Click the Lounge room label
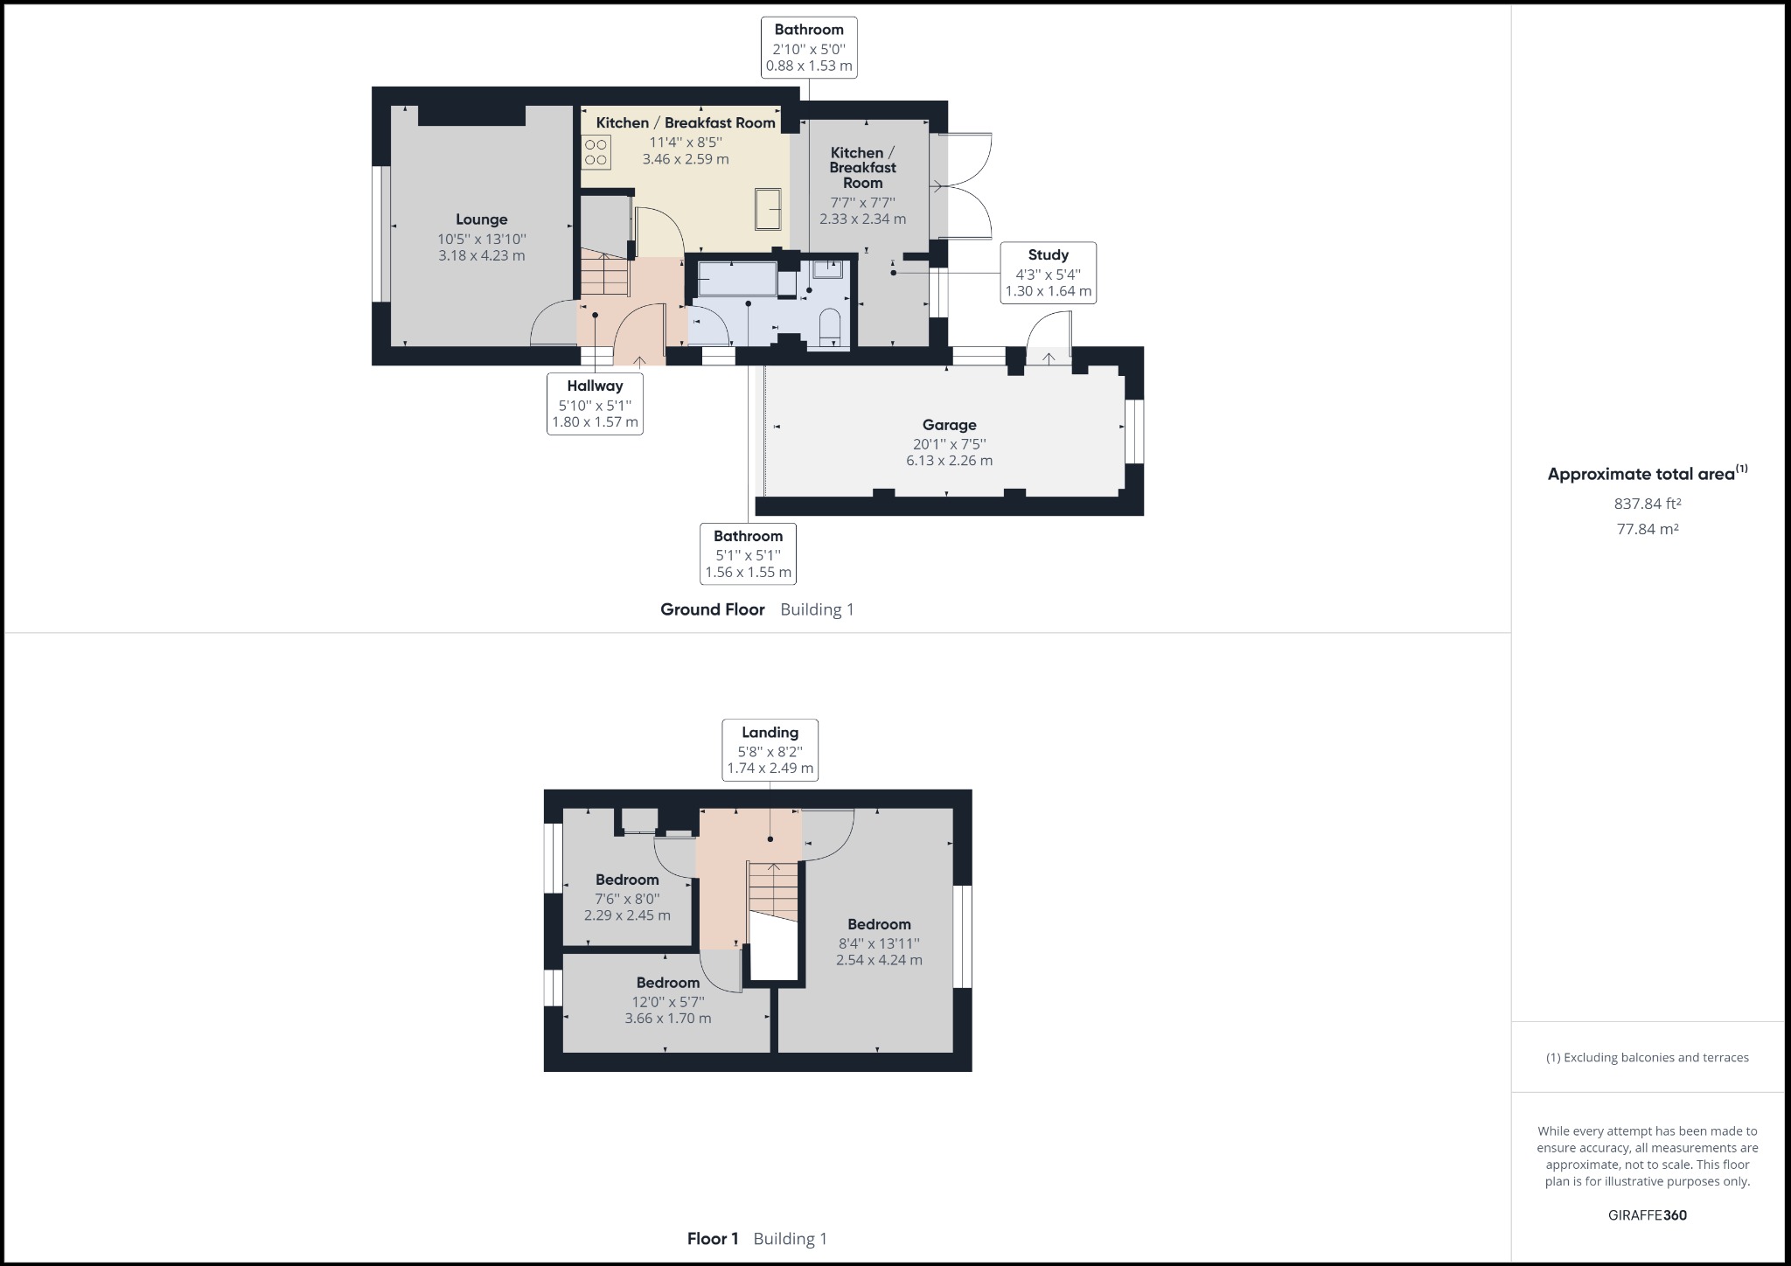click(x=481, y=219)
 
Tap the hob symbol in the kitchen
click(x=596, y=152)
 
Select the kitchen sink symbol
click(x=769, y=209)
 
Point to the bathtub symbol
click(x=737, y=279)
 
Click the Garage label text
click(x=949, y=425)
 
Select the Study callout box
click(x=1048, y=273)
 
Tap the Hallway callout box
click(x=595, y=404)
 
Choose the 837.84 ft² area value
click(x=1648, y=504)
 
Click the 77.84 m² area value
click(x=1648, y=529)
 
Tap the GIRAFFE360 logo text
click(x=1648, y=1214)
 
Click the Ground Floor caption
click(x=712, y=609)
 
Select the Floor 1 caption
click(x=713, y=1238)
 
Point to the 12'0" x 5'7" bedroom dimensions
click(x=668, y=1001)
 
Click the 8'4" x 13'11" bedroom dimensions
click(x=879, y=943)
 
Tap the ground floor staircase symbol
click(x=604, y=274)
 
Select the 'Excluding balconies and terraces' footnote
click(x=1648, y=1057)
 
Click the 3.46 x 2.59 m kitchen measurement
click(x=686, y=159)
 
